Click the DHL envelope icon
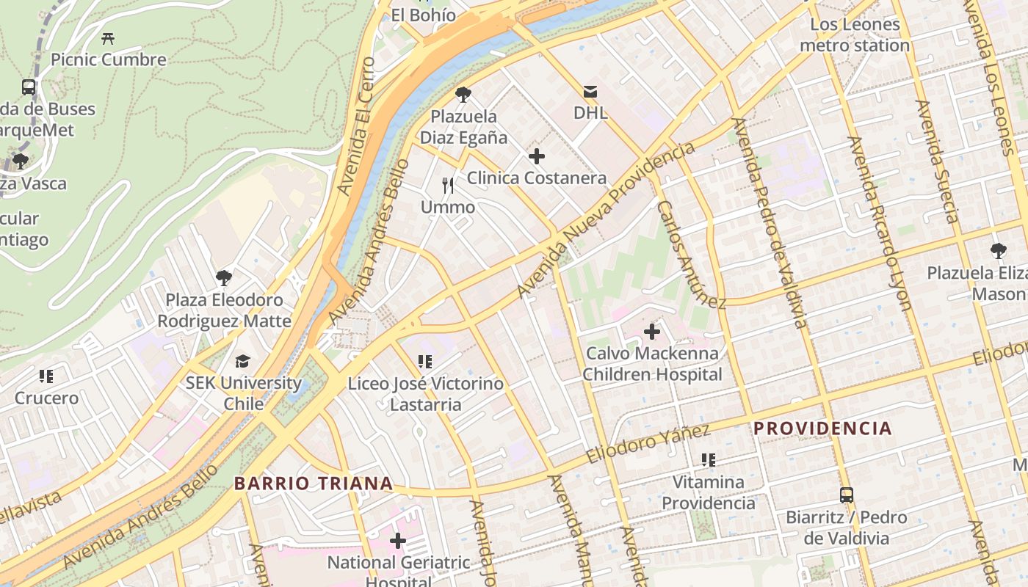click(590, 92)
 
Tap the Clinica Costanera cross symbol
click(537, 156)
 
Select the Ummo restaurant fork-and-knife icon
click(448, 186)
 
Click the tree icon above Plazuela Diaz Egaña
click(463, 95)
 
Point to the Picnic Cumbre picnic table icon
click(109, 38)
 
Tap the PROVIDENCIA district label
click(822, 429)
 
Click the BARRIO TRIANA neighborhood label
click(314, 484)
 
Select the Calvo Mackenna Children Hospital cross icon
click(651, 332)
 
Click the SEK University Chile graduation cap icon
click(242, 361)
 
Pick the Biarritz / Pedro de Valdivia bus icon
click(847, 495)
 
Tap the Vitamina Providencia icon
click(708, 460)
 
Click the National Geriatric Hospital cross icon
click(398, 542)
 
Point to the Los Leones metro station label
click(855, 35)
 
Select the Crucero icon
click(46, 376)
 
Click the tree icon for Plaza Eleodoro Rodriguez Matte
click(224, 278)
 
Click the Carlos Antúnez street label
click(690, 254)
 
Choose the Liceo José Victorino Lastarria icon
click(425, 362)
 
